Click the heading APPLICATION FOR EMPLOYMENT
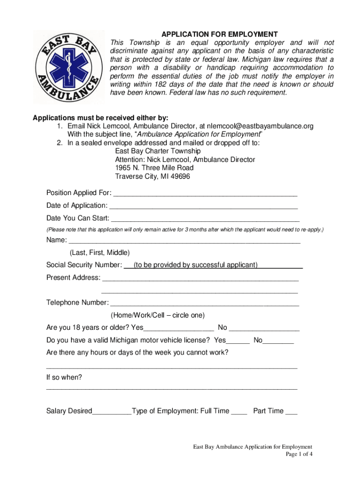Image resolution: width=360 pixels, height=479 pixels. click(219, 34)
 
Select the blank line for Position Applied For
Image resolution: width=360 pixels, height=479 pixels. click(205, 194)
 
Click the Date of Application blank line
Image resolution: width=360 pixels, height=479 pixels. click(203, 206)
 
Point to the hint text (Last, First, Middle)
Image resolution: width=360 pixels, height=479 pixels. click(100, 253)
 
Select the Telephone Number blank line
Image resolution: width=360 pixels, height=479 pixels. click(204, 303)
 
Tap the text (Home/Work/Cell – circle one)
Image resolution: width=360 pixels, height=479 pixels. click(158, 315)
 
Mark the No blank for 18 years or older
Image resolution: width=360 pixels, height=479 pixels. click(265, 328)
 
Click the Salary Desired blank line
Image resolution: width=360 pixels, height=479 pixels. click(112, 412)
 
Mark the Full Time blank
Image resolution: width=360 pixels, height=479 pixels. click(239, 412)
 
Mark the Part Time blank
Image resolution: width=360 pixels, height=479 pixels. click(291, 412)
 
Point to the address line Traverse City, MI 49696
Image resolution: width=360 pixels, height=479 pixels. click(152, 176)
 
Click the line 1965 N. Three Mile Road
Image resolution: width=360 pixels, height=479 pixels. click(154, 168)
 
